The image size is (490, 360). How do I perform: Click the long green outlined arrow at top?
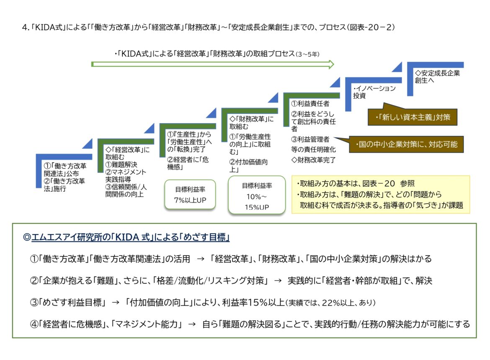[x=213, y=64]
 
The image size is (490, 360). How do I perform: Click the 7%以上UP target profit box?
[x=190, y=195]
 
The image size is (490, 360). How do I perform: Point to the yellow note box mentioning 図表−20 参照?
[x=380, y=194]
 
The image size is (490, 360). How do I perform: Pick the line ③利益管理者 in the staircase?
[x=310, y=139]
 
